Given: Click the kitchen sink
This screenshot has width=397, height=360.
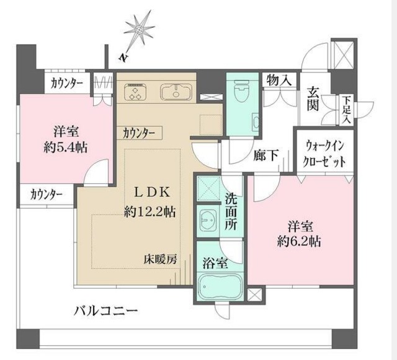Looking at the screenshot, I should (x=177, y=92).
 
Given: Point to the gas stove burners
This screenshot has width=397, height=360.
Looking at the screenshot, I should (x=136, y=92).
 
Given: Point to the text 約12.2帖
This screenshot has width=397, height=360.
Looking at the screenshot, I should (x=149, y=211).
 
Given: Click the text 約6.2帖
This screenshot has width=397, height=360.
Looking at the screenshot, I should (x=300, y=240).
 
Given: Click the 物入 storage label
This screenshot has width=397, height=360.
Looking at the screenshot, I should (x=279, y=80).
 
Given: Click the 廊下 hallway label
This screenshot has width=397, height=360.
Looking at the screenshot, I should (x=265, y=156).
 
